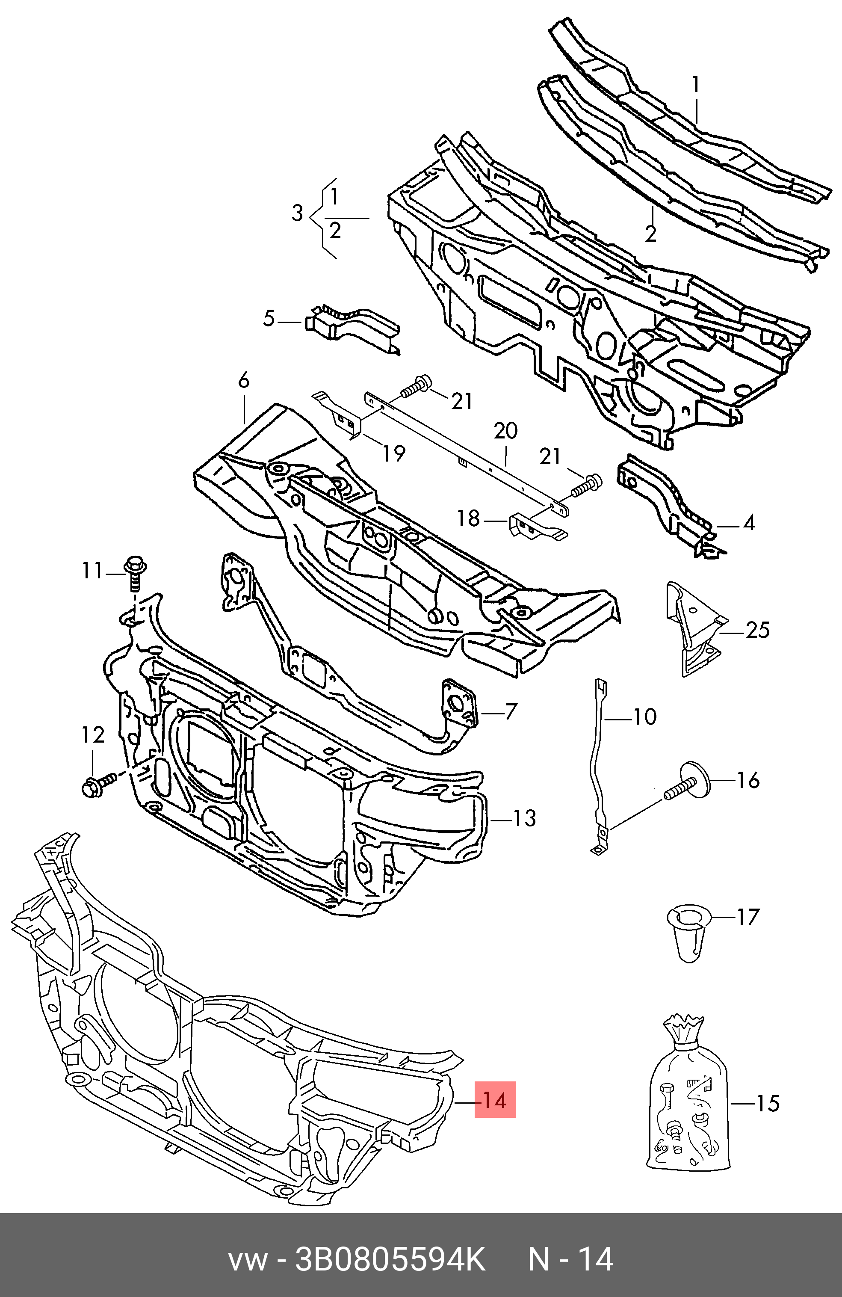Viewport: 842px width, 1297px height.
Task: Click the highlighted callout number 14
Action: click(x=494, y=1100)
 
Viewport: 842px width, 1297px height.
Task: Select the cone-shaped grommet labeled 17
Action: click(x=688, y=933)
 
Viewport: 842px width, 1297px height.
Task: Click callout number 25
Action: click(x=758, y=631)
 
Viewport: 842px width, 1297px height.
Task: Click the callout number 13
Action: click(x=524, y=818)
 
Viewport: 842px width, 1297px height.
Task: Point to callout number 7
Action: click(x=510, y=712)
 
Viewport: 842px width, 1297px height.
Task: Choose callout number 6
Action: click(x=243, y=380)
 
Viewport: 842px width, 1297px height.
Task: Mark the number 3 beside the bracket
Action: click(x=297, y=213)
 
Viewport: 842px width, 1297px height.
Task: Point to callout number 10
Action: click(x=644, y=717)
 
